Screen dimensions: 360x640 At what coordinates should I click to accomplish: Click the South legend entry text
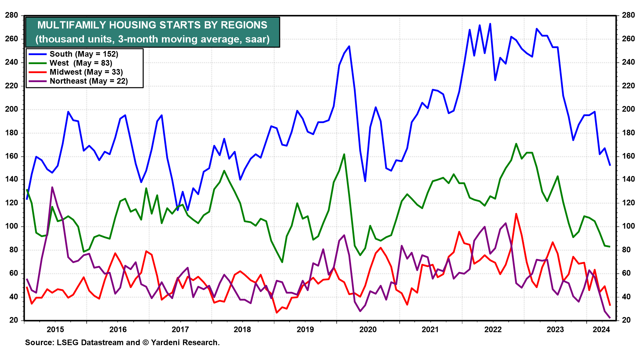(x=84, y=54)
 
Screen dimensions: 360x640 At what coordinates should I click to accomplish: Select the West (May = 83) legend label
(x=81, y=63)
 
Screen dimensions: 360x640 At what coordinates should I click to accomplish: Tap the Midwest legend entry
(x=86, y=72)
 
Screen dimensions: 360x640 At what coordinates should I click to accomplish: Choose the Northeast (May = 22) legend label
(x=89, y=81)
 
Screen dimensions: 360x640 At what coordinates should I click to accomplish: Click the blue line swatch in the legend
(x=37, y=54)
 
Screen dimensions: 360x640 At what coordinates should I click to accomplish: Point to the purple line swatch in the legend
(x=37, y=81)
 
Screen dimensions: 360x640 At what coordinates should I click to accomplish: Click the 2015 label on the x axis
(x=55, y=330)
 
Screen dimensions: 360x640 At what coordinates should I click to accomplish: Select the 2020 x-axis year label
(x=368, y=330)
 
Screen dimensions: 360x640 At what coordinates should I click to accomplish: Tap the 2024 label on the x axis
(x=601, y=330)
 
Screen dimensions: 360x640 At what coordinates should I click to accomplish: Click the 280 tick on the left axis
(x=12, y=15)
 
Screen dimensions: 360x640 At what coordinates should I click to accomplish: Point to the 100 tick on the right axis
(x=628, y=226)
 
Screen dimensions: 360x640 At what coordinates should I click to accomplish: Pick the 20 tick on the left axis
(x=14, y=320)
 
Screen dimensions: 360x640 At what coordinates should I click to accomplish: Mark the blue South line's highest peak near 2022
(x=490, y=24)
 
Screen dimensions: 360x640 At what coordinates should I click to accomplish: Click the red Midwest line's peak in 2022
(x=516, y=214)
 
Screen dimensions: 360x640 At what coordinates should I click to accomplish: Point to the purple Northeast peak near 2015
(x=52, y=187)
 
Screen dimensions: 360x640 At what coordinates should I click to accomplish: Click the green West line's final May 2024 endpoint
(x=610, y=247)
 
